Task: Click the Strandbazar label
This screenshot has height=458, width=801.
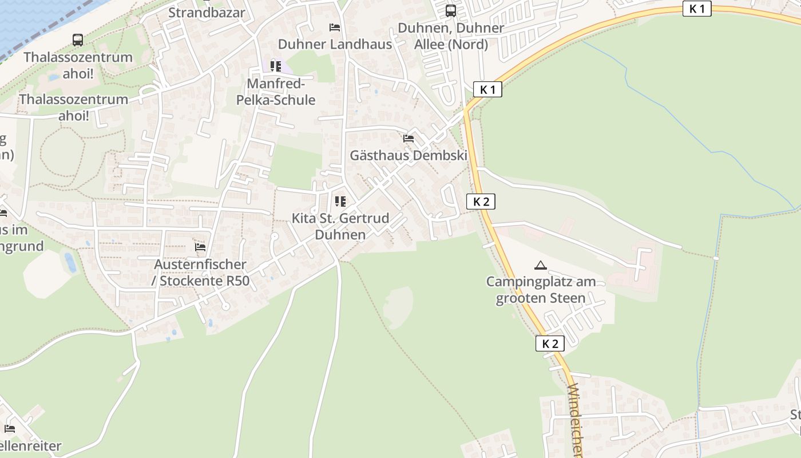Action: [x=207, y=13]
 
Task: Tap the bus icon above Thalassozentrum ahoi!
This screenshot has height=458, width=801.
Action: [x=78, y=40]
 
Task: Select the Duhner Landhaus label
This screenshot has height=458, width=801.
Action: [x=335, y=44]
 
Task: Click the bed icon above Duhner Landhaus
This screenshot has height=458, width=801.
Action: [x=335, y=27]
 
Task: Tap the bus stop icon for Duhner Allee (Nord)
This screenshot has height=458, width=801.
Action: [x=451, y=11]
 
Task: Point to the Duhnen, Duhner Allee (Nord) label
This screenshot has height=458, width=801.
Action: [x=451, y=35]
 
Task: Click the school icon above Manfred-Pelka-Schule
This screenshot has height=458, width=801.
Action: [x=276, y=66]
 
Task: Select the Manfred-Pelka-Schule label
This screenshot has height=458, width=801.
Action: [x=276, y=92]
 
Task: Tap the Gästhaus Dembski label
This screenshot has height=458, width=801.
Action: [x=409, y=155]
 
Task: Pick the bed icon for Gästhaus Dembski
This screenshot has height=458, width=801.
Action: [x=409, y=139]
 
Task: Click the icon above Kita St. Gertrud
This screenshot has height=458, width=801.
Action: [x=340, y=202]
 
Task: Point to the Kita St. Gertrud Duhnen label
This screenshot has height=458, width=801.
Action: [x=340, y=226]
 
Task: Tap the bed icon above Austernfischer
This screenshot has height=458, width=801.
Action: [x=200, y=247]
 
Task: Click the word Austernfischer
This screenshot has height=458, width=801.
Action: [x=200, y=264]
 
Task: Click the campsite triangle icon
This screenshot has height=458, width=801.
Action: [x=540, y=265]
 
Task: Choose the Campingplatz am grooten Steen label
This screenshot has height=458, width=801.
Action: [x=541, y=290]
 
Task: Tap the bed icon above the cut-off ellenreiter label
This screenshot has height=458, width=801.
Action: [x=10, y=428]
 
